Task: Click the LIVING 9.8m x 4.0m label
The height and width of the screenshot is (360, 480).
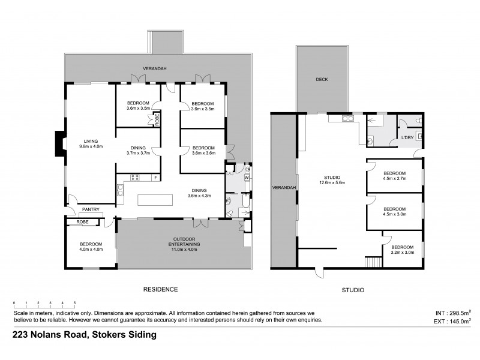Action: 91,143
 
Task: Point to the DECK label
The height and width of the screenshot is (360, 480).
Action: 322,79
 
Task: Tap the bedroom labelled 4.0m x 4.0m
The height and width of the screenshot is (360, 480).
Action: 91,247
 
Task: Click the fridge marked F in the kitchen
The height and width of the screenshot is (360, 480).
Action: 155,178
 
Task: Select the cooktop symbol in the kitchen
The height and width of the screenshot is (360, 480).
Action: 134,178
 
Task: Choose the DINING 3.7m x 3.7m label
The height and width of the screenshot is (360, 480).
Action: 137,150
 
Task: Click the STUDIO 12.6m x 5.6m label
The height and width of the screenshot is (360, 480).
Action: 332,181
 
